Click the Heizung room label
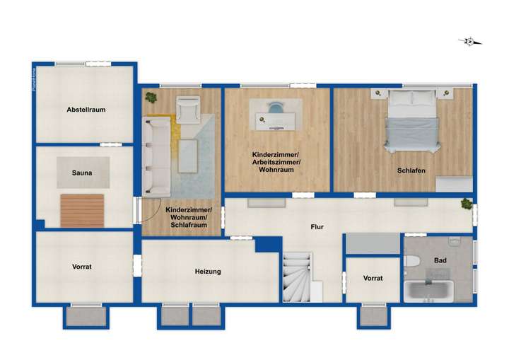pyautogui.click(x=209, y=271)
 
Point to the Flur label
pyautogui.click(x=317, y=227)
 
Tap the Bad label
pyautogui.click(x=440, y=260)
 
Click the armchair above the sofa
pyautogui.click(x=187, y=110)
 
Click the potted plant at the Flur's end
pyautogui.click(x=467, y=204)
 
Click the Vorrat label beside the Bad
pyautogui.click(x=373, y=278)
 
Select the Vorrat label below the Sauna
pyautogui.click(x=81, y=267)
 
